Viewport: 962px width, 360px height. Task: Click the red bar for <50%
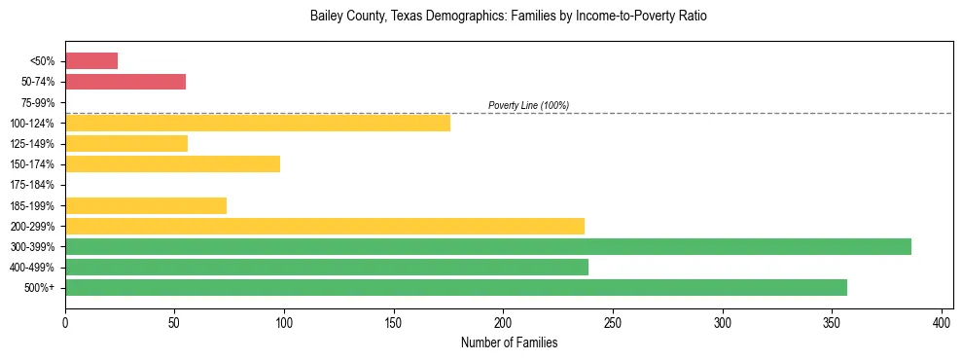pos(91,61)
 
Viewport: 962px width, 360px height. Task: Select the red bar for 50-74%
pos(125,82)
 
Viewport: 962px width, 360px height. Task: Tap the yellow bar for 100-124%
pos(258,123)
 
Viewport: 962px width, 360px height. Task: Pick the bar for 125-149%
pos(126,144)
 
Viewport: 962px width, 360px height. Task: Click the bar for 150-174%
pos(172,164)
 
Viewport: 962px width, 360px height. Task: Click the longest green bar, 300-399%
pos(488,246)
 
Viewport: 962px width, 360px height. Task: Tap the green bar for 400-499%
pos(327,267)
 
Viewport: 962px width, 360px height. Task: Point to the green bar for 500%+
pos(456,287)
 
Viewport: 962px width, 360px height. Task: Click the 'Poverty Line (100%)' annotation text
pos(528,105)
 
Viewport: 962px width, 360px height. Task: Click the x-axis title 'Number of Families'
pos(509,342)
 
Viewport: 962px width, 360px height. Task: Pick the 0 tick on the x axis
pos(65,322)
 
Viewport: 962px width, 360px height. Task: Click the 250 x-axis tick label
pos(613,322)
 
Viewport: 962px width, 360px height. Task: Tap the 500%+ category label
pos(41,288)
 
